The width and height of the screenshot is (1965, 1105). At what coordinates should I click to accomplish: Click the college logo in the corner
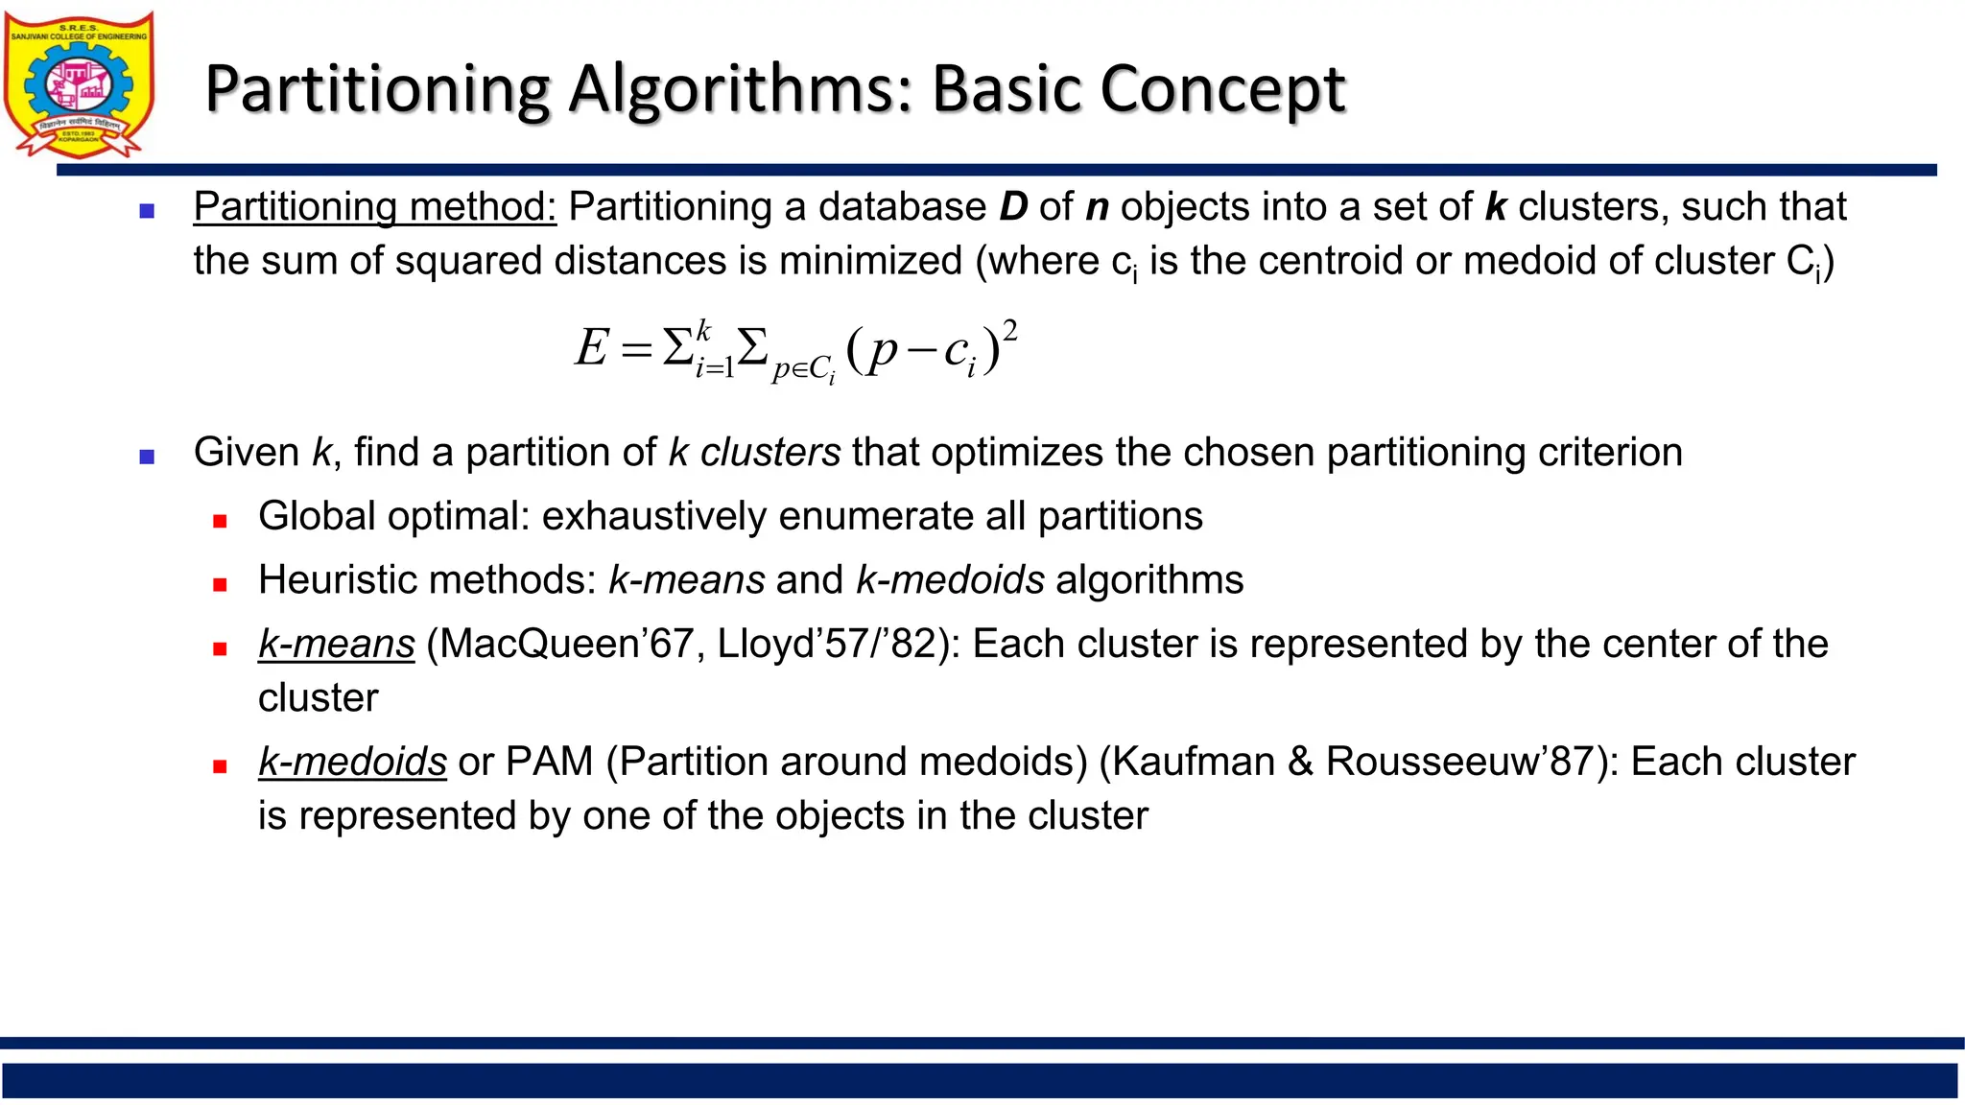(x=79, y=84)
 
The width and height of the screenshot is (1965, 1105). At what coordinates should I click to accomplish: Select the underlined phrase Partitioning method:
(x=374, y=207)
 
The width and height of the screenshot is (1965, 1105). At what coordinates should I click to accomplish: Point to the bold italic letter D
(x=1013, y=207)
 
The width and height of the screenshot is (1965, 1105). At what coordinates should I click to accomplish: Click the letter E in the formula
(x=591, y=347)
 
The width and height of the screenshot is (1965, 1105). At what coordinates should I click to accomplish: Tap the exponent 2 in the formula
(x=1009, y=331)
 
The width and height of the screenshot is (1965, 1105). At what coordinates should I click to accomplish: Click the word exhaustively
(x=654, y=517)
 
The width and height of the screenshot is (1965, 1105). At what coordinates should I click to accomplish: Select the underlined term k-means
(x=336, y=645)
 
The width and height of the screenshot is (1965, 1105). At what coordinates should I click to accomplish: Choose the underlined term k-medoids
(x=352, y=763)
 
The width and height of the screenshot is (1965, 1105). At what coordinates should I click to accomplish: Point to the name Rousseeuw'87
(x=1459, y=763)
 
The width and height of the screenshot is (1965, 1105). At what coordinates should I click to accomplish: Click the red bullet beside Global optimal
(x=220, y=522)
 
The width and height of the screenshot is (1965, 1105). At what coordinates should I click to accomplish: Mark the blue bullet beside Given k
(x=147, y=458)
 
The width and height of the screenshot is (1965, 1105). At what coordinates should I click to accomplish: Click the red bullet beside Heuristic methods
(x=220, y=585)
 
